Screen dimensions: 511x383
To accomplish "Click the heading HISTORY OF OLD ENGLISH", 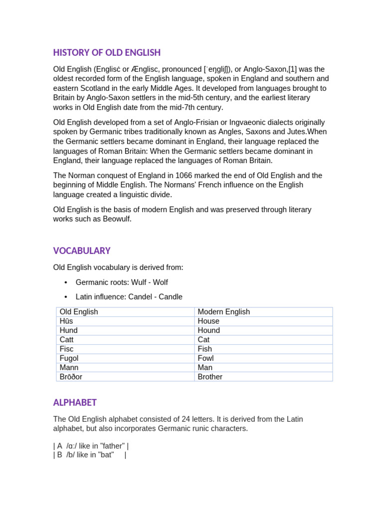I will [107, 53].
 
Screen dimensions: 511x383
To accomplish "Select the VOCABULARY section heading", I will [82, 251].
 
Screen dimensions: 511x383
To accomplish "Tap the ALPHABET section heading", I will [75, 403].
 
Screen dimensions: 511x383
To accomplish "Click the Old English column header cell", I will [125, 312].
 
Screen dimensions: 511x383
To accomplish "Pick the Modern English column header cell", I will [263, 312].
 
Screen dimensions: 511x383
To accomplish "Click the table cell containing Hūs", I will [125, 321].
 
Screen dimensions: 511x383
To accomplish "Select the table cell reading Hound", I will [263, 330].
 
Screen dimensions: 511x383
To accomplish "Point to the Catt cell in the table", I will [125, 340].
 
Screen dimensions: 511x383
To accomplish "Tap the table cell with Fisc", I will [125, 349].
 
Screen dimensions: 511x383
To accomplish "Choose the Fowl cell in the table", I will [263, 358].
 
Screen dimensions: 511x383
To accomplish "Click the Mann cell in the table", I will [125, 368].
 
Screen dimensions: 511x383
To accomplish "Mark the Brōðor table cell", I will [125, 377].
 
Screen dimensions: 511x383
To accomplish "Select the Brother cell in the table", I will [263, 377].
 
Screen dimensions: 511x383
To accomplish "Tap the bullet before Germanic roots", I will [66, 282].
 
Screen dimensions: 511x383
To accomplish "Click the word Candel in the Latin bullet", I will [140, 297].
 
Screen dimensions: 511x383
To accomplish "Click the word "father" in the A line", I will [112, 446].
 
